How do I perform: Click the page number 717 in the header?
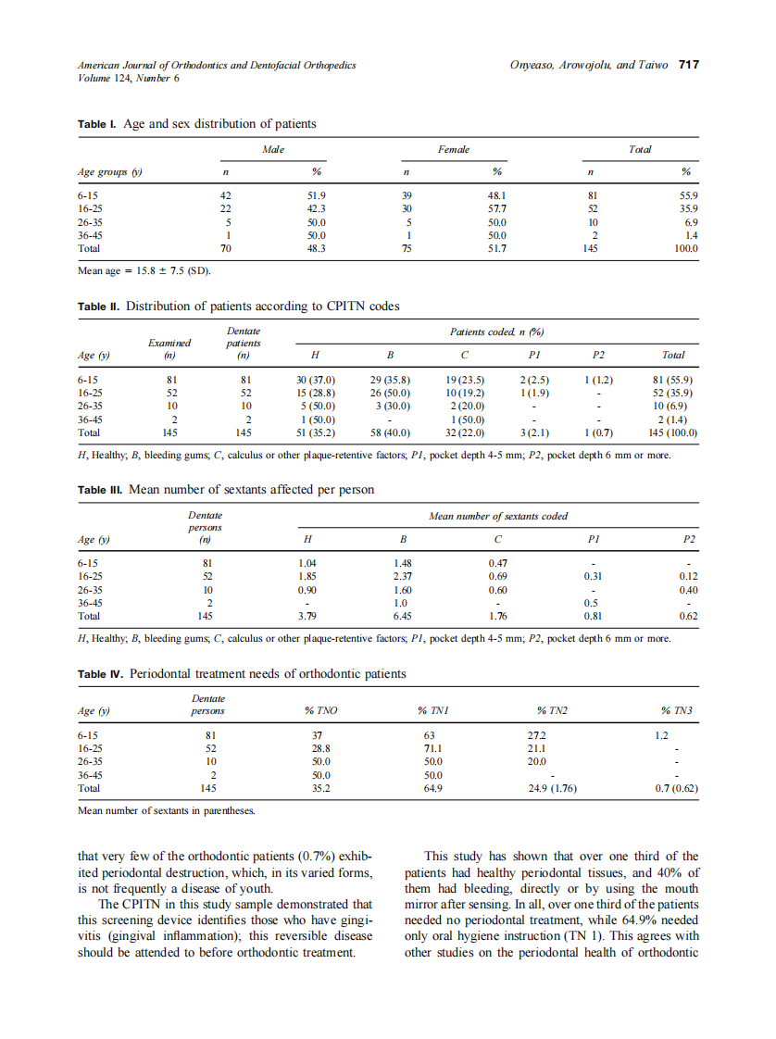click(688, 65)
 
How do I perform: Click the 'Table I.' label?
click(98, 124)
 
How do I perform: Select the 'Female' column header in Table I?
click(453, 149)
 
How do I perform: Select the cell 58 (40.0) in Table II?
click(390, 432)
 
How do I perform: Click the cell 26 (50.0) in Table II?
click(390, 393)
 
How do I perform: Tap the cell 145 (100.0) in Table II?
click(673, 432)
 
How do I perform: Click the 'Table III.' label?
click(101, 489)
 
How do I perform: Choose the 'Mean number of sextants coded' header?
click(498, 515)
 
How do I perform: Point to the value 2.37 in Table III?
click(401, 576)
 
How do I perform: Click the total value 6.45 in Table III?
click(401, 616)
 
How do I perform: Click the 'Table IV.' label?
click(102, 673)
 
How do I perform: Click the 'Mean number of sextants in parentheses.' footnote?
click(167, 811)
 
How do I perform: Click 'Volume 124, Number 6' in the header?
click(129, 78)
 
